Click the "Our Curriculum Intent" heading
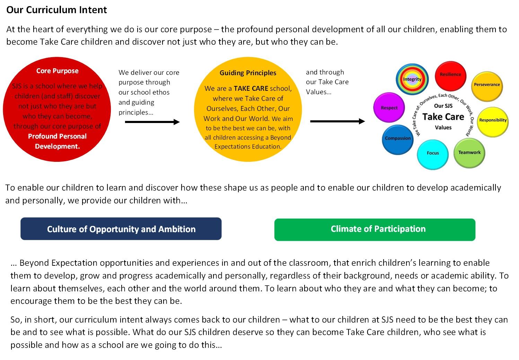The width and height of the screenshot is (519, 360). click(x=56, y=10)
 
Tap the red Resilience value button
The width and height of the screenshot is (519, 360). click(x=451, y=76)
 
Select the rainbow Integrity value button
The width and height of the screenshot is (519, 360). click(x=412, y=79)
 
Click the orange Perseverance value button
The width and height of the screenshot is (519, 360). click(x=487, y=86)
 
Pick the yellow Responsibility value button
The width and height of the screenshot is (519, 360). click(x=493, y=122)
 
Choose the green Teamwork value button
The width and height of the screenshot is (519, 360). click(x=469, y=153)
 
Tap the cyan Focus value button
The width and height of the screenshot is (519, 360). click(x=433, y=155)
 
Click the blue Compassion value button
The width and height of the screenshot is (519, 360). click(x=398, y=140)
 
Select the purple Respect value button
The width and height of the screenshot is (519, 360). click(x=389, y=107)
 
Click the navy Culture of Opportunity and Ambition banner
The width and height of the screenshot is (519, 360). click(x=121, y=229)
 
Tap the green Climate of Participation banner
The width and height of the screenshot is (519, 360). click(x=375, y=230)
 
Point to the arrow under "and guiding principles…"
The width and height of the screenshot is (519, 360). click(x=152, y=122)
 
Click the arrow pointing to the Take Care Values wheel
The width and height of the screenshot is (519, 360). click(x=337, y=121)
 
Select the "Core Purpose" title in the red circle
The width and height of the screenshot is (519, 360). click(x=58, y=71)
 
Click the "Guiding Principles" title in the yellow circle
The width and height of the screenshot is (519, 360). click(x=248, y=73)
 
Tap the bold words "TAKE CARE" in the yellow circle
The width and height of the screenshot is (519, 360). click(x=251, y=88)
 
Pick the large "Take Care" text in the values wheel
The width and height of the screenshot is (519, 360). click(x=443, y=117)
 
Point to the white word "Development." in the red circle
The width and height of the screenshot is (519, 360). click(x=58, y=147)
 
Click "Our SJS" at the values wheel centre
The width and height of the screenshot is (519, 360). click(x=443, y=106)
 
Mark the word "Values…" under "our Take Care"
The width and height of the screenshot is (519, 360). click(x=319, y=92)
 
